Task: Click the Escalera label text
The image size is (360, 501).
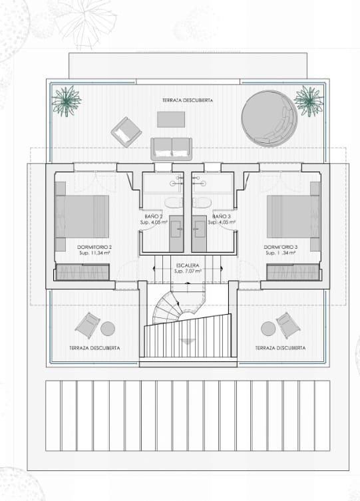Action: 188,265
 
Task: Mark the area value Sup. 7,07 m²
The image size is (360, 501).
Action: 188,271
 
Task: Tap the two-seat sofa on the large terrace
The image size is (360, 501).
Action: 171,147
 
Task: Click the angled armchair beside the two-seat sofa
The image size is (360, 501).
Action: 126,132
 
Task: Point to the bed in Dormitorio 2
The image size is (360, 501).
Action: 83,217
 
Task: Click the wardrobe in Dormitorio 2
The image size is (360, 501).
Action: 82,272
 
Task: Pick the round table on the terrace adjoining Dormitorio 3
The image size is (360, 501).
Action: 268,328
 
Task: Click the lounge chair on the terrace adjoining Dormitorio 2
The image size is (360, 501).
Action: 87,325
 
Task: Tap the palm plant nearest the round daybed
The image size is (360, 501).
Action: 307,100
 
